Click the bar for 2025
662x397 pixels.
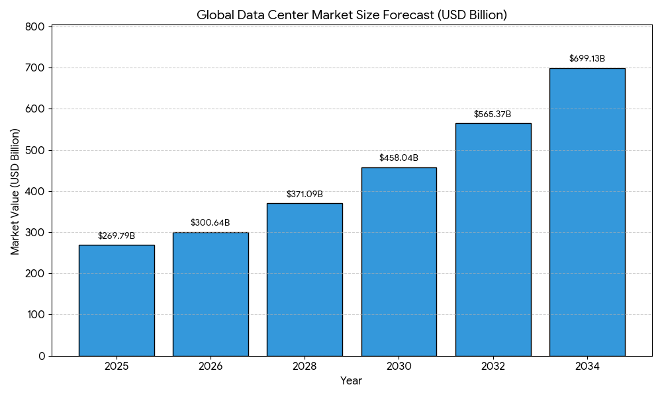click(x=117, y=300)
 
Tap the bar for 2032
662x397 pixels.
click(x=493, y=240)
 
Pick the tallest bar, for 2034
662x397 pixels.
click(x=587, y=212)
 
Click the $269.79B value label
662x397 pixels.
click(x=117, y=236)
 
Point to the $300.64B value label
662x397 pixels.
click(x=211, y=223)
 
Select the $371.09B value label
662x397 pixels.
click(x=305, y=194)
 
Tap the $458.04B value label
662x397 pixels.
click(x=399, y=158)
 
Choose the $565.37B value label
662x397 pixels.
click(x=493, y=114)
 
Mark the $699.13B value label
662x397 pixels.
click(x=587, y=59)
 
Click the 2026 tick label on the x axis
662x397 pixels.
click(x=211, y=367)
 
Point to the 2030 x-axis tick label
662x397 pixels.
click(x=399, y=367)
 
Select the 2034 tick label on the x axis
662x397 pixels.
click(x=587, y=367)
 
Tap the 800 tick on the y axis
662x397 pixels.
click(x=37, y=27)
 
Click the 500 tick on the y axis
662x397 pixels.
click(x=37, y=150)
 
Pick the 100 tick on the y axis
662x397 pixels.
click(x=37, y=315)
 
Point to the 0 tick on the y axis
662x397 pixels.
click(x=42, y=356)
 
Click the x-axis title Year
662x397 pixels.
click(x=352, y=381)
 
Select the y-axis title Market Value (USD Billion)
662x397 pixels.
click(x=15, y=191)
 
